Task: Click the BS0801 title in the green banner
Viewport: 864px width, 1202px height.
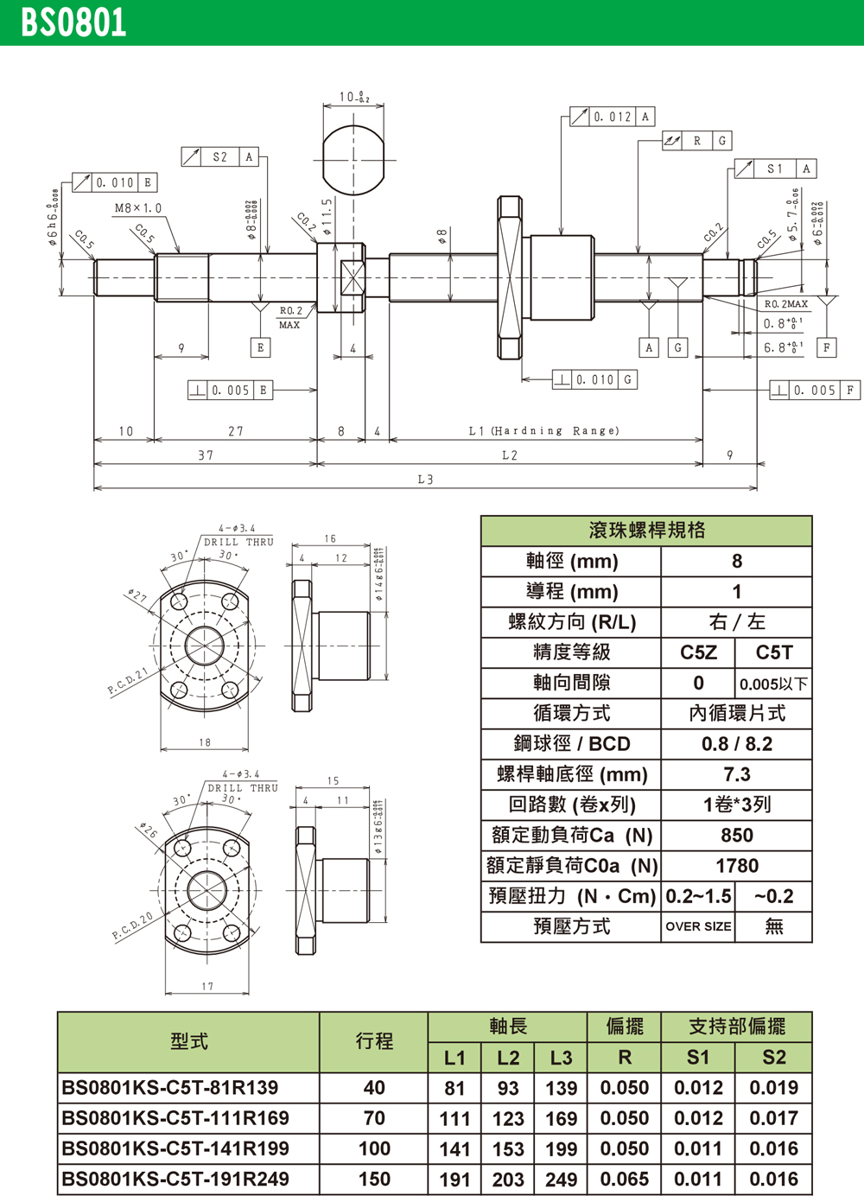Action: click(73, 22)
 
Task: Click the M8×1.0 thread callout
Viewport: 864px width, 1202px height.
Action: click(138, 208)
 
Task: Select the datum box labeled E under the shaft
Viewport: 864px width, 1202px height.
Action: click(260, 347)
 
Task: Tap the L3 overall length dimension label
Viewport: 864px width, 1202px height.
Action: click(425, 480)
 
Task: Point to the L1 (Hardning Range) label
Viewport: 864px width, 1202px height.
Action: click(543, 430)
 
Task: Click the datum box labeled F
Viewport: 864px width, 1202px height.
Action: click(827, 347)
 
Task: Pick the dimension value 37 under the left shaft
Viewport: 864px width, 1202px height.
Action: click(206, 455)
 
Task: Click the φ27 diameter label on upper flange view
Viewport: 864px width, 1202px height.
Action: click(137, 596)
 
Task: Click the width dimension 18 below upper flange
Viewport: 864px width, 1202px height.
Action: click(205, 742)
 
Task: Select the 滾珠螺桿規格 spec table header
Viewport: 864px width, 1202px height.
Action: click(646, 531)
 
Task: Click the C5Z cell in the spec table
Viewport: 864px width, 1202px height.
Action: click(698, 653)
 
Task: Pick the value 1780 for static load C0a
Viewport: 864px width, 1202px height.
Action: click(736, 866)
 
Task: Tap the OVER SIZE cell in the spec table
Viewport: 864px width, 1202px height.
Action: click(698, 926)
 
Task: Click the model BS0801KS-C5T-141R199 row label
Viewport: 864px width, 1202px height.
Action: click(175, 1149)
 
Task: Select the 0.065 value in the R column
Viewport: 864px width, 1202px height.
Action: click(624, 1180)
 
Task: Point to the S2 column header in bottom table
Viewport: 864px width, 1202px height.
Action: click(773, 1058)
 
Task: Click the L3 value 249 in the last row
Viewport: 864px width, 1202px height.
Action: click(561, 1180)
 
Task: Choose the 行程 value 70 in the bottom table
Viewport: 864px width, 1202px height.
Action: click(374, 1119)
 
